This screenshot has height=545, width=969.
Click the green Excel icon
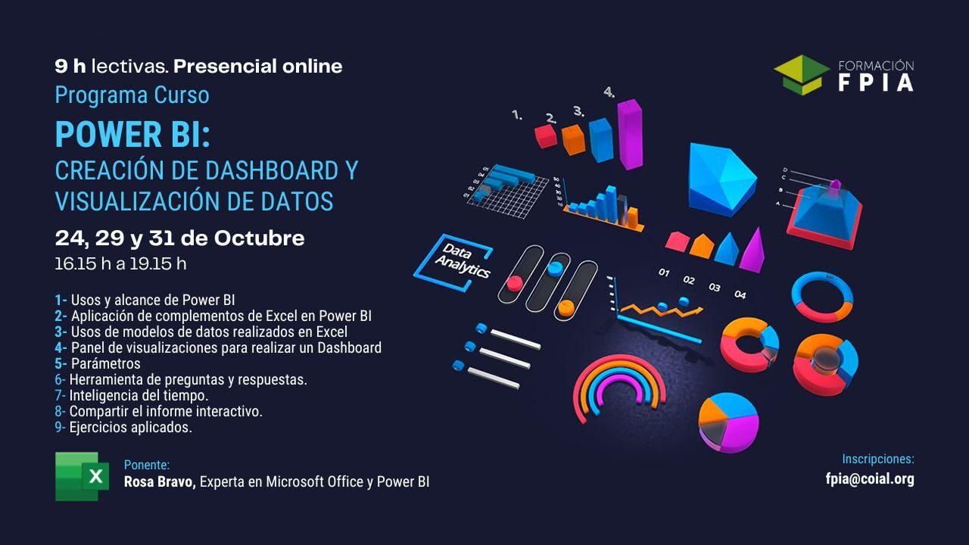coord(76,476)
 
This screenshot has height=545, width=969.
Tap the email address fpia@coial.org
coord(870,479)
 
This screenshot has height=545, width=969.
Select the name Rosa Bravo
coord(160,481)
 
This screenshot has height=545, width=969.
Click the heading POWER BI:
coord(132,135)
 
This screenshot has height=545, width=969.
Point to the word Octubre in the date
coord(259,238)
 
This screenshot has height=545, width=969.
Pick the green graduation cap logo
coord(802,74)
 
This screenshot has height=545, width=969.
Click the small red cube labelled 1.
coord(545,135)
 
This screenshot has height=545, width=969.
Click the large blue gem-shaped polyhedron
coord(720,178)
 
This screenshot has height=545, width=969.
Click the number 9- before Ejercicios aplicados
coord(60,428)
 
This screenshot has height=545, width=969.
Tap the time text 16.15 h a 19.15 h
coord(120,264)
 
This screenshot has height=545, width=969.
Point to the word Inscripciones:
coord(878,459)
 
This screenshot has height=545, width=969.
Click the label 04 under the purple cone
coord(740,294)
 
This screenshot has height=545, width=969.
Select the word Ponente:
coord(147,465)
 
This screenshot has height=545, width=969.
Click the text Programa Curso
coord(132,95)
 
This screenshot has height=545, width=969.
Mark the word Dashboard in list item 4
coord(349,348)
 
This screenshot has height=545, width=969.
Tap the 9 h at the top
coord(70,67)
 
